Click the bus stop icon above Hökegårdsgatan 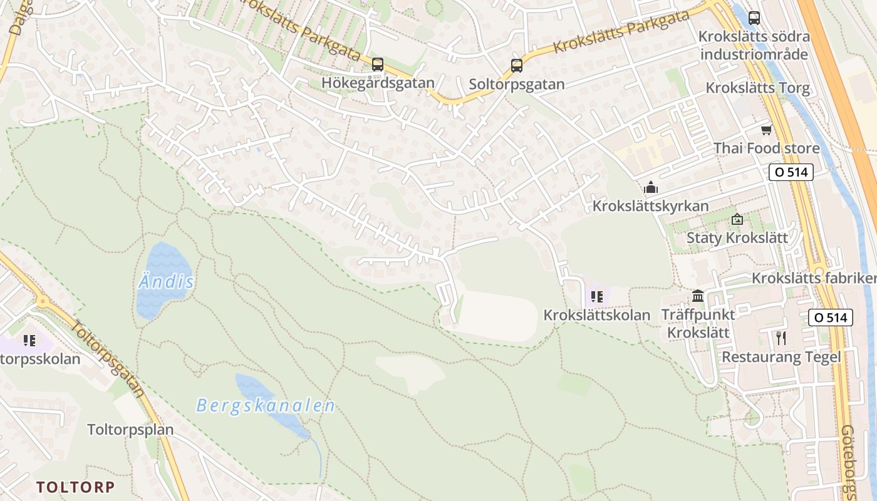coord(377,64)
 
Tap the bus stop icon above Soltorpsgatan coord(517,65)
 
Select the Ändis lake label coord(166,282)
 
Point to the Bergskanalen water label coord(266,406)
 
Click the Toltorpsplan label coord(130,430)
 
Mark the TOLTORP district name coord(75,487)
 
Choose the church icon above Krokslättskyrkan coord(651,187)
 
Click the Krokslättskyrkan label coord(651,206)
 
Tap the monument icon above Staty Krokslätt coord(737,219)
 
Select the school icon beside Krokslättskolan coord(596,296)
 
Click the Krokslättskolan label coord(596,315)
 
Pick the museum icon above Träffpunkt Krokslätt coord(698,296)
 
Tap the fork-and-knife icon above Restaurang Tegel coord(781,338)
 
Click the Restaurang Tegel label coord(781,357)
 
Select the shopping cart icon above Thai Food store coord(766,130)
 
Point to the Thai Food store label coord(766,148)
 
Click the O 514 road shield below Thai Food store coord(791,172)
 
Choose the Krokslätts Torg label coord(757,88)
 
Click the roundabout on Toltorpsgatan coord(43,302)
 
